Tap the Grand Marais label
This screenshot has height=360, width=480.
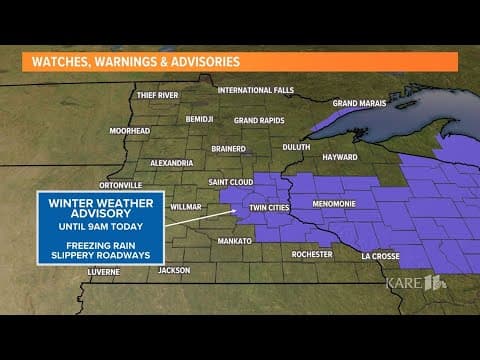(359, 103)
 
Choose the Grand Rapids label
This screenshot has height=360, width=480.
(259, 120)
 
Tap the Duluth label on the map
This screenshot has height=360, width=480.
(297, 146)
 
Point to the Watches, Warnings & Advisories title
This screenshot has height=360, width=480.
(137, 61)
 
